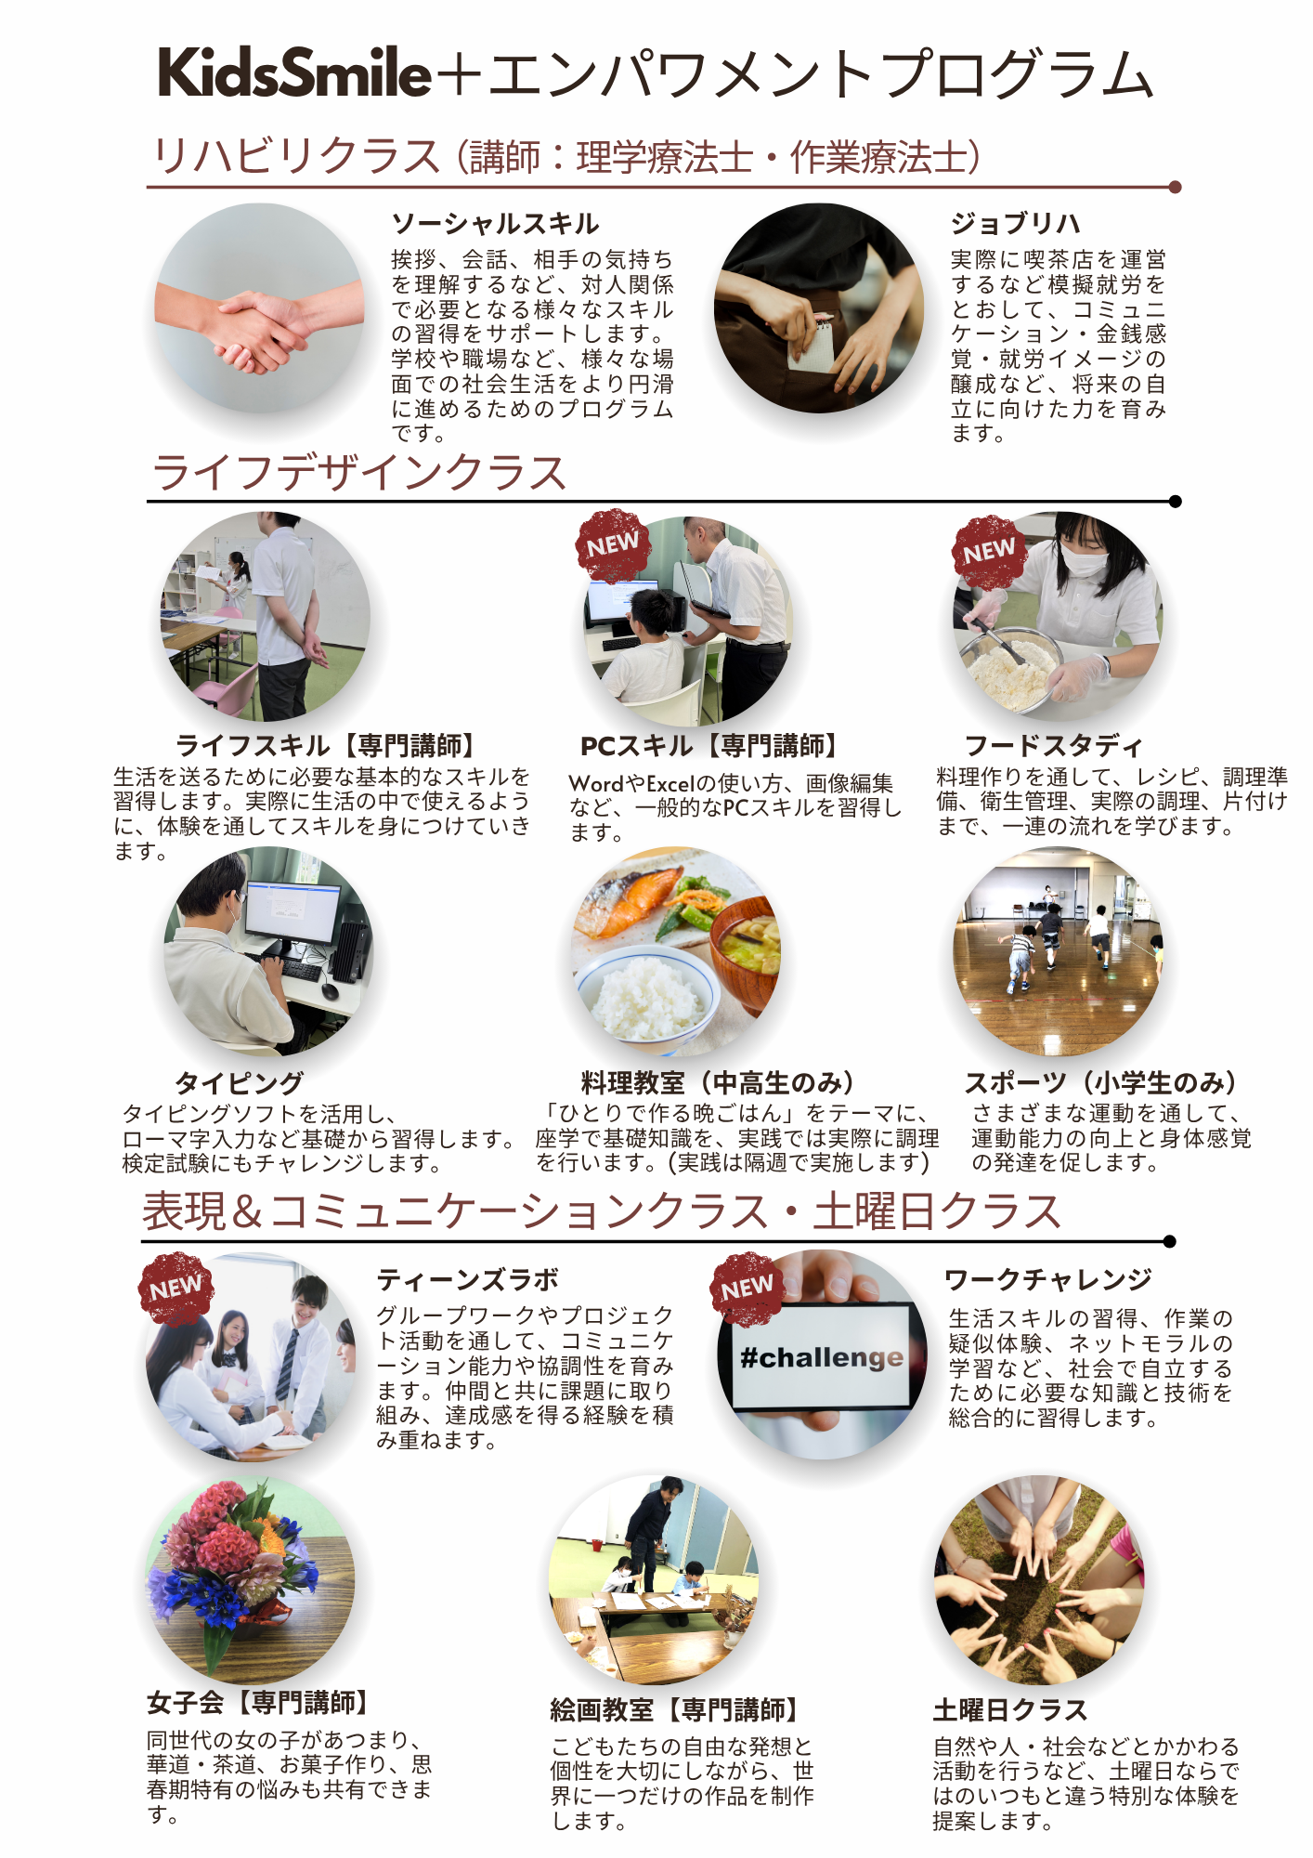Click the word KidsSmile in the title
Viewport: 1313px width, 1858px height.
pyautogui.click(x=294, y=72)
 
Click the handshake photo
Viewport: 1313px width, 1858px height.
pyautogui.click(x=259, y=308)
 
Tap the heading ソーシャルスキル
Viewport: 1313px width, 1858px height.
pyautogui.click(x=495, y=224)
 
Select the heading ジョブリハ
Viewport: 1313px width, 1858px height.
pyautogui.click(x=1015, y=224)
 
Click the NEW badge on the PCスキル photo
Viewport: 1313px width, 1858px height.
pyautogui.click(x=612, y=545)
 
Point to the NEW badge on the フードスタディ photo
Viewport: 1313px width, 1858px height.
pyautogui.click(x=988, y=552)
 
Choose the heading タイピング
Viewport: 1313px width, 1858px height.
pyautogui.click(x=239, y=1082)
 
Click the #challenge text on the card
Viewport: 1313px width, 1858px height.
pyautogui.click(x=821, y=1357)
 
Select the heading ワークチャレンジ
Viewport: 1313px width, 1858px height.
pyautogui.click(x=1047, y=1279)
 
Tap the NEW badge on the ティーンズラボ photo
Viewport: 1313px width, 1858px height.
pyautogui.click(x=175, y=1288)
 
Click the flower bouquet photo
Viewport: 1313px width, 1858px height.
pyautogui.click(x=250, y=1579)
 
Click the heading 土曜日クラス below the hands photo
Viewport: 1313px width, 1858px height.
pyautogui.click(x=1010, y=1709)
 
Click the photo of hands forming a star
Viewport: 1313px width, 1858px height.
pyautogui.click(x=1039, y=1579)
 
